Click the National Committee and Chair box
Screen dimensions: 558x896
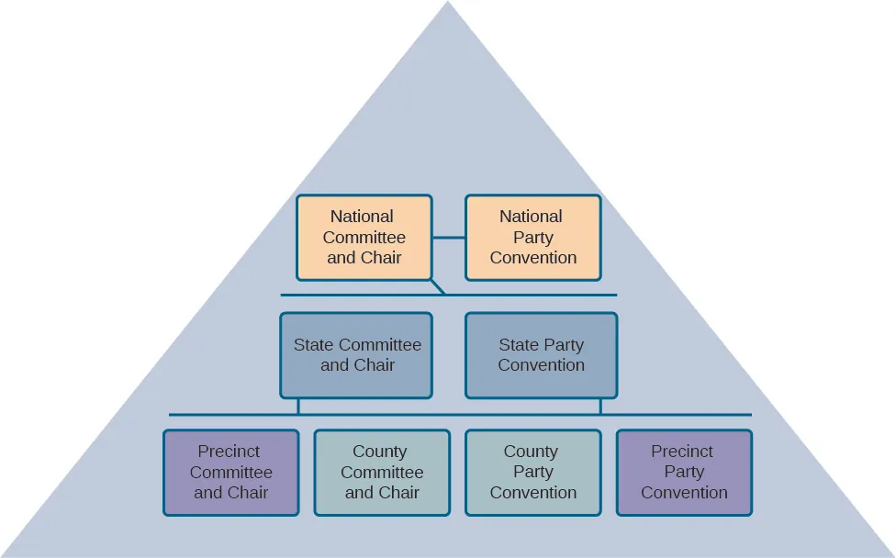coord(364,237)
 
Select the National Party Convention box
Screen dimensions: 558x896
coord(532,237)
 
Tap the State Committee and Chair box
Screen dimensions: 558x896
coord(356,355)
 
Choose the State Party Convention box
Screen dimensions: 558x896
coord(541,355)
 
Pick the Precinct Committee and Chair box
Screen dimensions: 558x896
coord(231,472)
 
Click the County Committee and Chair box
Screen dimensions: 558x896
coord(382,472)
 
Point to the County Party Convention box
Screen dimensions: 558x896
coord(532,472)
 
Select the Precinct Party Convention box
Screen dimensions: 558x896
coord(684,472)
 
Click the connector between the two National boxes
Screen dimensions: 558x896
coord(449,238)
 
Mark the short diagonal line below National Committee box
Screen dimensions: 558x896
coord(438,287)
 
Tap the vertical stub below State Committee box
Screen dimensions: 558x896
coord(298,407)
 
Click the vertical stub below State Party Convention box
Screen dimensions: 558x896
coord(600,407)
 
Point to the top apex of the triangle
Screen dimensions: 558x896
coord(448,6)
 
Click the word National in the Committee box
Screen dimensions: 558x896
coord(362,217)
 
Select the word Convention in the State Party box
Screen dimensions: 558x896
coord(541,365)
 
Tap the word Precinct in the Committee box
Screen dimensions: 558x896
coord(229,452)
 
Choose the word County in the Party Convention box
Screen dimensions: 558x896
coord(531,452)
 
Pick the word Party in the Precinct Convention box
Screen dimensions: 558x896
coord(684,472)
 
